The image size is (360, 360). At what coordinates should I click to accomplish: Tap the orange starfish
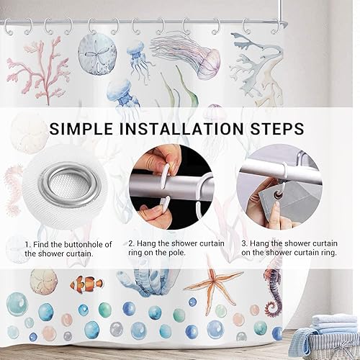pos(213,282)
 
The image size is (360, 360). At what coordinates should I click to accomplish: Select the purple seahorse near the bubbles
pos(274,289)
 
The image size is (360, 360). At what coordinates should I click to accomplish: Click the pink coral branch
pos(38,70)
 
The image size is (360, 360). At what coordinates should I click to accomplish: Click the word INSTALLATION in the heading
pos(181,129)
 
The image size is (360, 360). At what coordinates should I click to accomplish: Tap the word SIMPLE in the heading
pos(81,129)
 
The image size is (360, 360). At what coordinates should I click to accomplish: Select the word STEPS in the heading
pos(277,129)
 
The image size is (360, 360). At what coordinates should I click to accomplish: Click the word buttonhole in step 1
pos(81,245)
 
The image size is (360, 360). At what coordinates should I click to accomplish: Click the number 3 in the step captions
pos(244,243)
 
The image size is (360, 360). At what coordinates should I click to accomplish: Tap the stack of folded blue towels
pos(335,324)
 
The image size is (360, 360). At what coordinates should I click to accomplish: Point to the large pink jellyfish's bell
pos(211,61)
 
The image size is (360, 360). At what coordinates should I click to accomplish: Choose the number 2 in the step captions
pos(131,243)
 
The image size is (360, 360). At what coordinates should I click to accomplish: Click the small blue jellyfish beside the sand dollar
pos(137,58)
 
